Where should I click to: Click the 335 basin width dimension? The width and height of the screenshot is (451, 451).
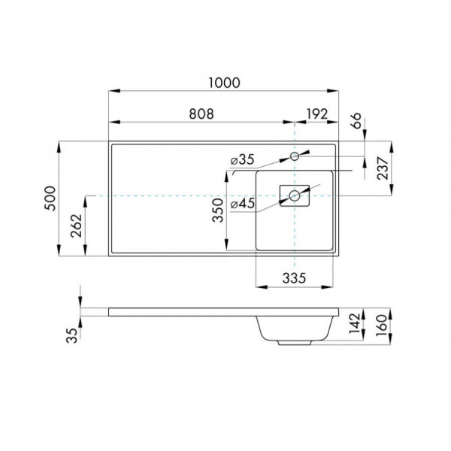click(295, 277)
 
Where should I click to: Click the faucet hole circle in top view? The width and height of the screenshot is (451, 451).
click(295, 156)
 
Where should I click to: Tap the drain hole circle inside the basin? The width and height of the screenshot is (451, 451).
click(295, 195)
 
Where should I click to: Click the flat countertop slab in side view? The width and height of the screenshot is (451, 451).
click(180, 311)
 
